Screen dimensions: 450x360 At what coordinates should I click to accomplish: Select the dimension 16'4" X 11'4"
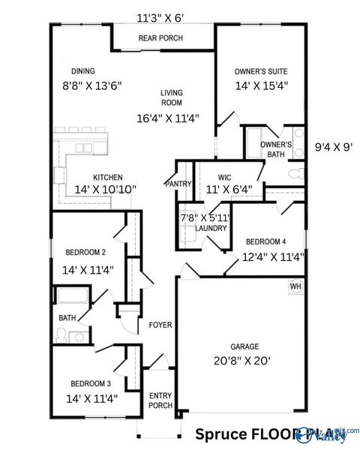[x=167, y=118]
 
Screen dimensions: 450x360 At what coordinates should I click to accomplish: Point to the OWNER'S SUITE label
[x=262, y=70]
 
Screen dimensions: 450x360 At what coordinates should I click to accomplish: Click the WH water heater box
[x=295, y=286]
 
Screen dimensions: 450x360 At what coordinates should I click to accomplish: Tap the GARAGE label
[x=244, y=346]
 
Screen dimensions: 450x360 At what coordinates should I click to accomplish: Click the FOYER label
[x=160, y=325]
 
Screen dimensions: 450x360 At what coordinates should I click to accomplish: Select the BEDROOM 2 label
[x=85, y=252]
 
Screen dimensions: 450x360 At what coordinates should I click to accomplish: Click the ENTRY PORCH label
[x=161, y=401]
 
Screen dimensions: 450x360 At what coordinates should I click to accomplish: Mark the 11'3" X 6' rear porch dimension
[x=160, y=18]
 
